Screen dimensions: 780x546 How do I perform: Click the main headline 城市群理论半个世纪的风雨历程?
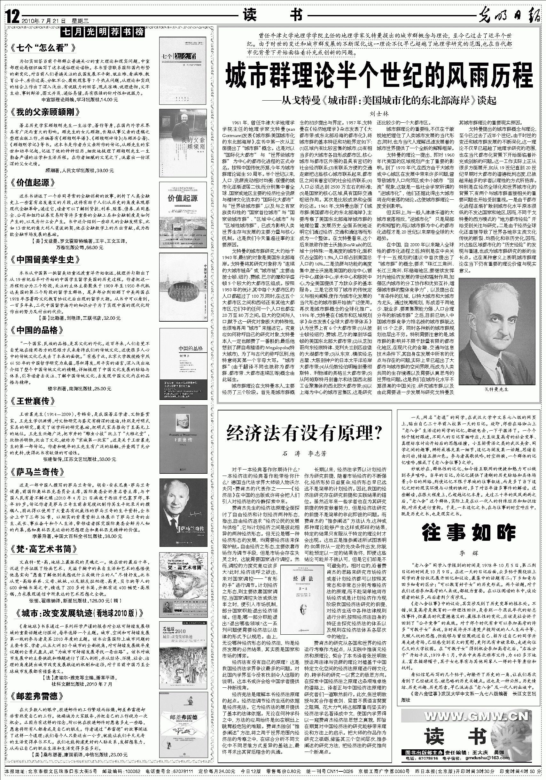[x=379, y=76]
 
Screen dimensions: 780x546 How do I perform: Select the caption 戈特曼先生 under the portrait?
[x=496, y=389]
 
